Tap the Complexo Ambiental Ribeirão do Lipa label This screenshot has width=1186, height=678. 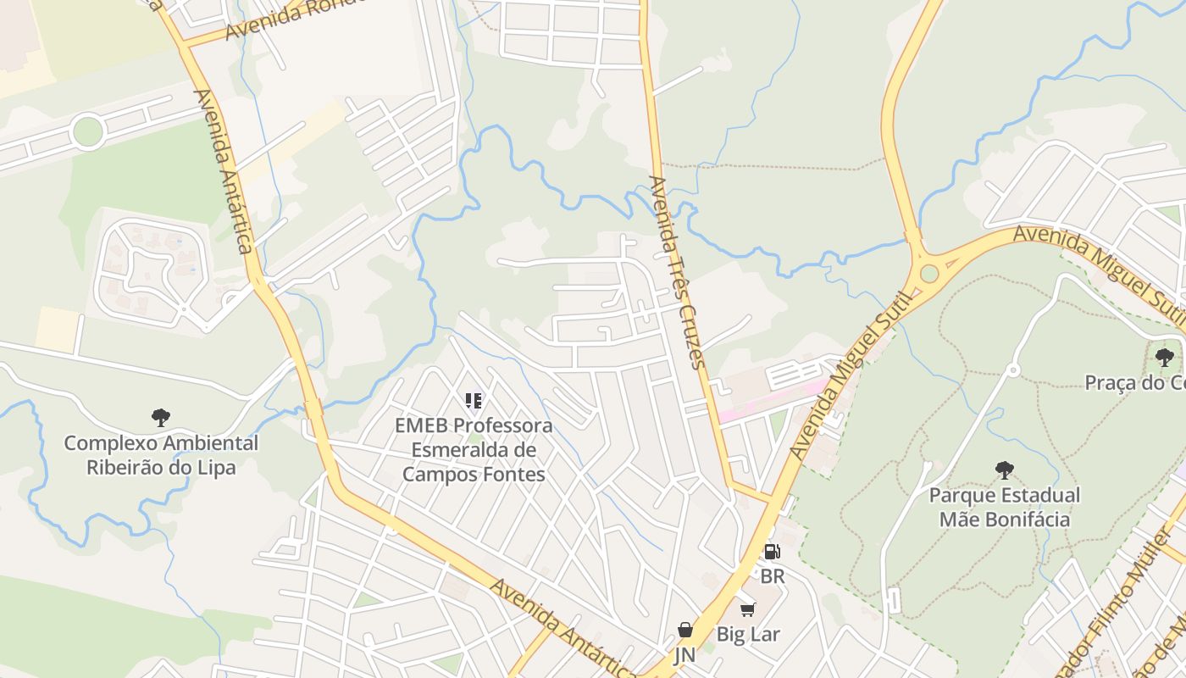pos(161,455)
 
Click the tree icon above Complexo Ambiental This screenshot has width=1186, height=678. pos(161,417)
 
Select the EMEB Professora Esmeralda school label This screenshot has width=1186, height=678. pos(474,449)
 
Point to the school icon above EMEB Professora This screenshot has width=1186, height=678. pos(474,400)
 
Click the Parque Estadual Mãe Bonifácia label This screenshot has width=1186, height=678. pos(1004,507)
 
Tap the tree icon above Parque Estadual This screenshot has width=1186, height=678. pos(1004,470)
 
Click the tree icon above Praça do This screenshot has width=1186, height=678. pos(1165,357)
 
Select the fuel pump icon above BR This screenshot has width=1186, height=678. pos(772,552)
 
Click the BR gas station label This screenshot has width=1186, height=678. pos(772,576)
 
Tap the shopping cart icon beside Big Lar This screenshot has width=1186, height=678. pos(747,610)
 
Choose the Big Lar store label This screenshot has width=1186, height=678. pos(748,634)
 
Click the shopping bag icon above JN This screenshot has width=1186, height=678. pos(684,630)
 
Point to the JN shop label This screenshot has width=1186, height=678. pos(684,655)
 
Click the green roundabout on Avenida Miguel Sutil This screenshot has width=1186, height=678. pos(929,274)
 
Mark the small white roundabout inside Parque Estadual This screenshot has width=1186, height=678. pos(1011,370)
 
